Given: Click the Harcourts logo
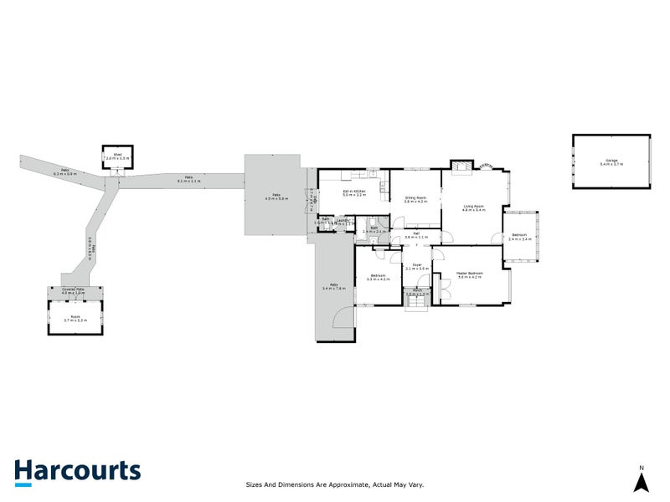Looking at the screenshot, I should pos(77,471).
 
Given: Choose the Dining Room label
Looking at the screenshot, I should pos(415,198).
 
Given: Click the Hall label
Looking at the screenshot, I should pos(415,235).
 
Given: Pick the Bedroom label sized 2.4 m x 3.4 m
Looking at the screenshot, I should pos(520,237).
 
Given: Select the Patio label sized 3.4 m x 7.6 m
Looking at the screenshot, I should pos(334,288).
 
